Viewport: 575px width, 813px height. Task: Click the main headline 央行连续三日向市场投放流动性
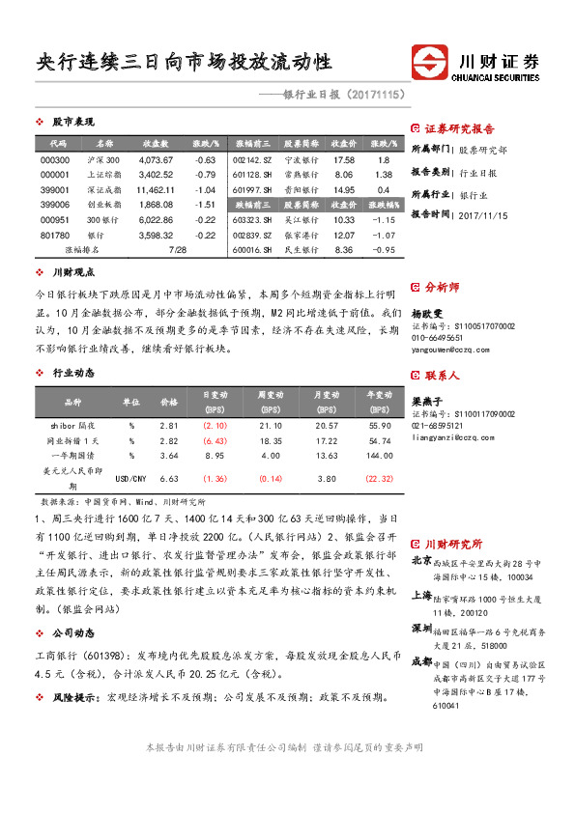(184, 63)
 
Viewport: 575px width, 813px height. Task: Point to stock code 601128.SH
(253, 175)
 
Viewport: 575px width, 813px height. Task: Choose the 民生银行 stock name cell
(302, 249)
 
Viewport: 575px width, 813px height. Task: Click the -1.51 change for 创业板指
(204, 205)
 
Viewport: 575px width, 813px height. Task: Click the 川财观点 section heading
(72, 273)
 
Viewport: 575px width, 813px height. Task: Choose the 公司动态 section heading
(72, 632)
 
